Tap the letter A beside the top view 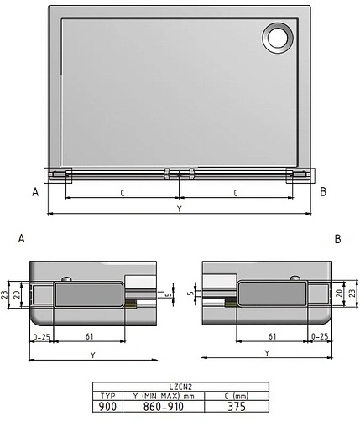35,191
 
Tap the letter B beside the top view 323,191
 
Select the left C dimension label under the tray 123,193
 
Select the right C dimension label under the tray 235,193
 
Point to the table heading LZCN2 180,387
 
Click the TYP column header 107,395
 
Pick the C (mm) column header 237,395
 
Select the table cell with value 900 107,405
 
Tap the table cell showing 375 237,405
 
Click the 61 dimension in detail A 89,336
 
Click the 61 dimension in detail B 271,336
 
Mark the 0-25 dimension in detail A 41,336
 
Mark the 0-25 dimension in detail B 319,336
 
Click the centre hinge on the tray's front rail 180,174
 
